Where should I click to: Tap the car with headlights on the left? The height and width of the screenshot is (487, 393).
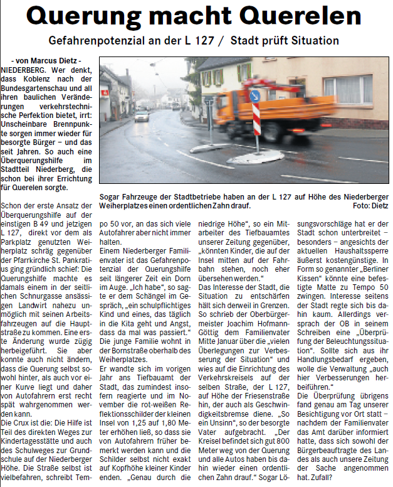point(142,115)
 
